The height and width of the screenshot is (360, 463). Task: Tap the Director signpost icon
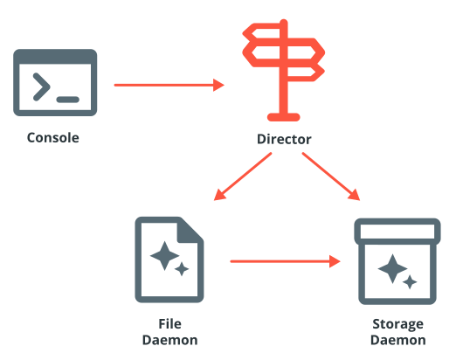pyautogui.click(x=283, y=70)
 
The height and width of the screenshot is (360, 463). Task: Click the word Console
pyautogui.click(x=53, y=138)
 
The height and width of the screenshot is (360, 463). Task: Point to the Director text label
pyautogui.click(x=284, y=139)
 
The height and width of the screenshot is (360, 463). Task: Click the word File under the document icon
pyautogui.click(x=169, y=324)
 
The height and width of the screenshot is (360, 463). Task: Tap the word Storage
pyautogui.click(x=397, y=324)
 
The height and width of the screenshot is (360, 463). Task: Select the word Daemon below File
pyautogui.click(x=169, y=340)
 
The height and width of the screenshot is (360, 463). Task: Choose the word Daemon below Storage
pyautogui.click(x=398, y=340)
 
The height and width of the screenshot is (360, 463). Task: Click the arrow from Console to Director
pyautogui.click(x=169, y=85)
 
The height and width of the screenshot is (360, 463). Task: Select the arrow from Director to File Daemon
pyautogui.click(x=243, y=177)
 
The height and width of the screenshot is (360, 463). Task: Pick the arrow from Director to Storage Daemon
pyautogui.click(x=331, y=177)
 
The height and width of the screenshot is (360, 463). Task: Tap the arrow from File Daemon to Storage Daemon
pyautogui.click(x=286, y=261)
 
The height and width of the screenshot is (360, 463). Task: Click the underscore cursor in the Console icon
pyautogui.click(x=68, y=100)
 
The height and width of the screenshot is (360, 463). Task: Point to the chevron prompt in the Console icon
pyautogui.click(x=41, y=87)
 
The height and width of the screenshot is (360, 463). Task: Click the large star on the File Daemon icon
pyautogui.click(x=164, y=256)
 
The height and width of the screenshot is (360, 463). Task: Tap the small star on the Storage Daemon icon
pyautogui.click(x=410, y=282)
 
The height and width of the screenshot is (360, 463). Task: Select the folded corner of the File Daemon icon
pyautogui.click(x=190, y=231)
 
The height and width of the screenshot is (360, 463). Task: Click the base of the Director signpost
pyautogui.click(x=283, y=117)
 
